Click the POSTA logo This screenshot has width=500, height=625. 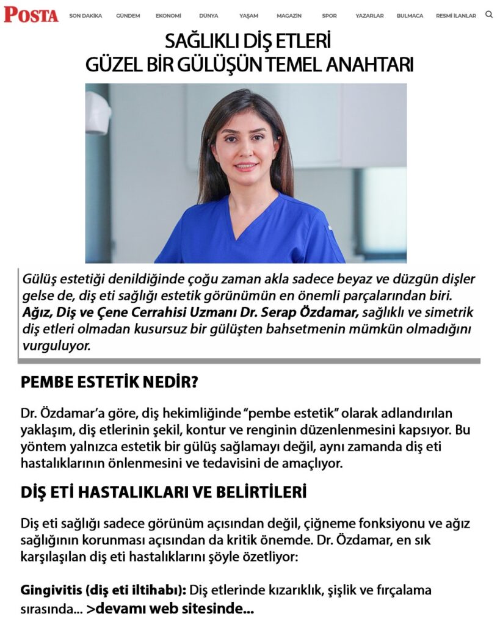(x=31, y=15)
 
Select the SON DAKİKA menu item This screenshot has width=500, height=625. (x=85, y=16)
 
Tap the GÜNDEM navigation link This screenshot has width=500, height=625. (x=128, y=16)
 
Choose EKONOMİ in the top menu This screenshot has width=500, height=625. (x=168, y=16)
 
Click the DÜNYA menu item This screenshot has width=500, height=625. (x=209, y=16)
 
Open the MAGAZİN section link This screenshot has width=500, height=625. (x=289, y=16)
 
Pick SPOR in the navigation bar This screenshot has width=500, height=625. (x=330, y=16)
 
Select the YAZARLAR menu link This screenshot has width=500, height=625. (x=370, y=16)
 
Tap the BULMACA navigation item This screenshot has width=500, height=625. (x=410, y=16)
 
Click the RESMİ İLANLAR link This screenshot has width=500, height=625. (x=456, y=16)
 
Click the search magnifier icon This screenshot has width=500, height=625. (x=489, y=14)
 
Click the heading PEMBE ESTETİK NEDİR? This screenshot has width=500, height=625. (x=110, y=383)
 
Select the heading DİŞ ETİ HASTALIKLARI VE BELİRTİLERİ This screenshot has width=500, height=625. (x=164, y=493)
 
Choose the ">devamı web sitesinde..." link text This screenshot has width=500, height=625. (x=170, y=609)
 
